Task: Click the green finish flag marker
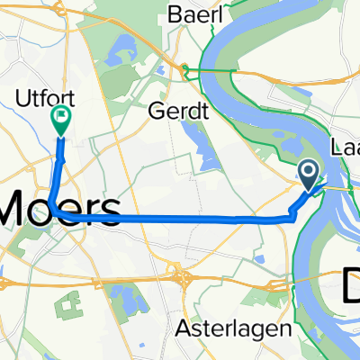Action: [x=61, y=119]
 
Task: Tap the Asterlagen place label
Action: [x=248, y=328]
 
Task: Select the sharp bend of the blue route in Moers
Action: [x=53, y=208]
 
